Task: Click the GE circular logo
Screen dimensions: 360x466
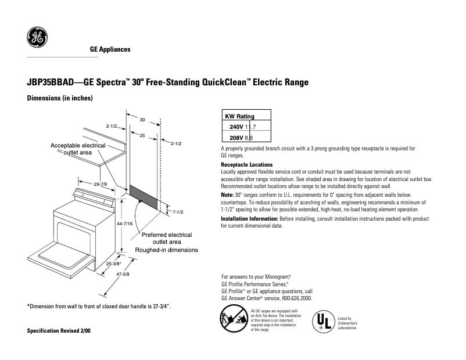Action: pos(37,38)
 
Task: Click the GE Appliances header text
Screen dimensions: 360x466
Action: pos(110,49)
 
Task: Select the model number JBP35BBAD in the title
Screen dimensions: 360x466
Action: pos(51,82)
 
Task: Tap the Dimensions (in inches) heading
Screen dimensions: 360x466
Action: pos(60,99)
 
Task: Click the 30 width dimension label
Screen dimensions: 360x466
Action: pos(142,119)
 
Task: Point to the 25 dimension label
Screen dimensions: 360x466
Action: pos(142,135)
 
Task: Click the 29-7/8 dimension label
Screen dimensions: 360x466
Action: pos(100,183)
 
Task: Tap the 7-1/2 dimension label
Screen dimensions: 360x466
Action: pos(178,212)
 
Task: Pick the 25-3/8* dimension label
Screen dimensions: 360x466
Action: pos(113,264)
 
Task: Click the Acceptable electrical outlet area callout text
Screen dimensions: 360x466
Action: pos(78,149)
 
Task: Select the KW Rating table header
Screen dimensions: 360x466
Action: pos(239,116)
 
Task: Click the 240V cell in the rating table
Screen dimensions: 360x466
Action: pos(236,127)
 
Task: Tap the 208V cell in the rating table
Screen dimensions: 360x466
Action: pos(236,137)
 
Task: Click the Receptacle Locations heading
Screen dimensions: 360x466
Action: pos(247,165)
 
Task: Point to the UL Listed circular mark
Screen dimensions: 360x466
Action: pos(324,321)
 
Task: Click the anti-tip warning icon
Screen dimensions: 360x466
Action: pos(233,320)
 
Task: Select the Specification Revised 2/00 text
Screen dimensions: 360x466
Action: pos(59,330)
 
